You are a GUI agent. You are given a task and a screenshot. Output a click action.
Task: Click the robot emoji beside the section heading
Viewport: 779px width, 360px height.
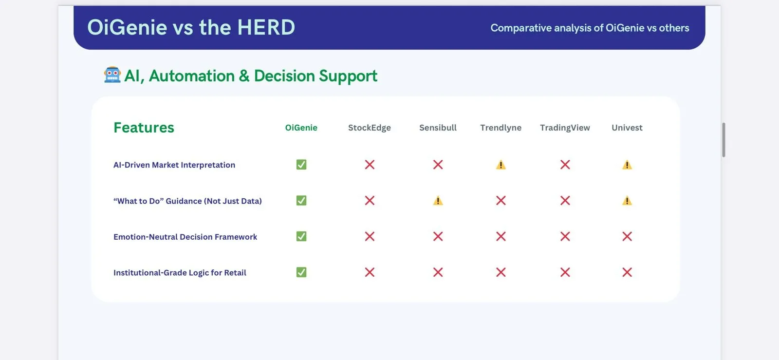[x=112, y=75]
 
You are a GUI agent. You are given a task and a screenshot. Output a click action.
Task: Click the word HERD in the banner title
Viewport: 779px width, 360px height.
[x=266, y=27]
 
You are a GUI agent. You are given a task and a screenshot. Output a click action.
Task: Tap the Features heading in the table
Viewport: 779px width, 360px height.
[x=144, y=128]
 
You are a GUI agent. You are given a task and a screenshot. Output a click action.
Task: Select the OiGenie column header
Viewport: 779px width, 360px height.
[x=301, y=128]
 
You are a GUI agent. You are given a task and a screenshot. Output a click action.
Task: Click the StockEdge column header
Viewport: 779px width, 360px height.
[x=370, y=128]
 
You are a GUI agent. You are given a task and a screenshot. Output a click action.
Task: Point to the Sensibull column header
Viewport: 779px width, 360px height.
[x=438, y=128]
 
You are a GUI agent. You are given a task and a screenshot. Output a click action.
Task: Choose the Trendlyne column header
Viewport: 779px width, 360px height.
[x=501, y=128]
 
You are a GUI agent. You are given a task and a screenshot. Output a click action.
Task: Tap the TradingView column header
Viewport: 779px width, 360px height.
[x=565, y=128]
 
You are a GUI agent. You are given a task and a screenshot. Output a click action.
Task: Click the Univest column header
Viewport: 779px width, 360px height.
[x=627, y=128]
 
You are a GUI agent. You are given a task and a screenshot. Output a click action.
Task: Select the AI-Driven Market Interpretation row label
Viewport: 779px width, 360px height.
[x=174, y=165]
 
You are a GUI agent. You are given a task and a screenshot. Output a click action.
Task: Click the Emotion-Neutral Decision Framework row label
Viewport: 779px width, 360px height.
[x=185, y=237]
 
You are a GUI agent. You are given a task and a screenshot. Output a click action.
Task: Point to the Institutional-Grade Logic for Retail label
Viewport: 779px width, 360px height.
[x=180, y=273]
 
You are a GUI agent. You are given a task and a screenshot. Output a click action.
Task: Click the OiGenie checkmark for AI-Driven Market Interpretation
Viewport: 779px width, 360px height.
[x=301, y=165]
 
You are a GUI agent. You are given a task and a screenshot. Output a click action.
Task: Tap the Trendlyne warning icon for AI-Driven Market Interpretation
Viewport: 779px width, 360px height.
[x=501, y=165]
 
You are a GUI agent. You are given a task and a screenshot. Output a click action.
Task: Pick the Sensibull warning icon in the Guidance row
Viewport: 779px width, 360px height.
[x=438, y=201]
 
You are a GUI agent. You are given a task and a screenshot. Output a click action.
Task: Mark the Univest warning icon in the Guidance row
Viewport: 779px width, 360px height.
[x=627, y=201]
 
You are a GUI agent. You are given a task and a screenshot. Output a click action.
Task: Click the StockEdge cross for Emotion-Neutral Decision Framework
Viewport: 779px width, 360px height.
[x=370, y=237]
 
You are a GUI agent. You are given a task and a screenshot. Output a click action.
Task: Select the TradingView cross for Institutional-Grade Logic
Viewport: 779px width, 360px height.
[x=565, y=272]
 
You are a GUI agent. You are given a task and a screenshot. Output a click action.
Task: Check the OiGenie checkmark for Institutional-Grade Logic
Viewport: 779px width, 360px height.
[x=301, y=272]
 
